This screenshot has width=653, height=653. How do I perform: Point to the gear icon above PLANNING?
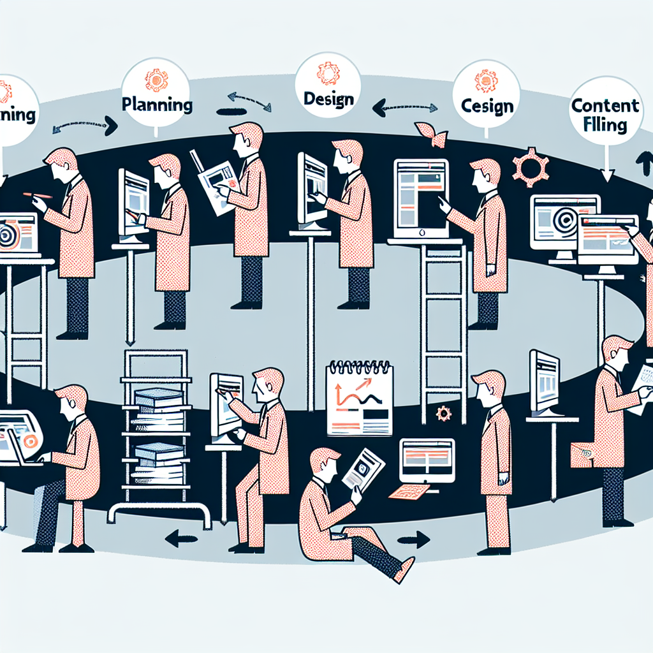pyautogui.click(x=156, y=80)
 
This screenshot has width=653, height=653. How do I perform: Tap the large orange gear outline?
pyautogui.click(x=531, y=168)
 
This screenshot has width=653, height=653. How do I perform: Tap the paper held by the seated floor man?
pyautogui.click(x=363, y=469)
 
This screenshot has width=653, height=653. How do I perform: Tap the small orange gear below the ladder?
pyautogui.click(x=443, y=413)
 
